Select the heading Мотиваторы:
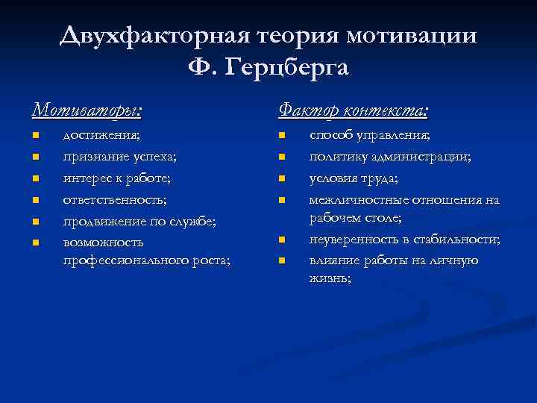87,110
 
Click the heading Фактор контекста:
354,110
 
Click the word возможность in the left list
104,243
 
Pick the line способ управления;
370,136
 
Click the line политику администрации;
390,157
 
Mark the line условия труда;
354,178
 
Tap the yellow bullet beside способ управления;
282,136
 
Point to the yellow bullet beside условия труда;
282,178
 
